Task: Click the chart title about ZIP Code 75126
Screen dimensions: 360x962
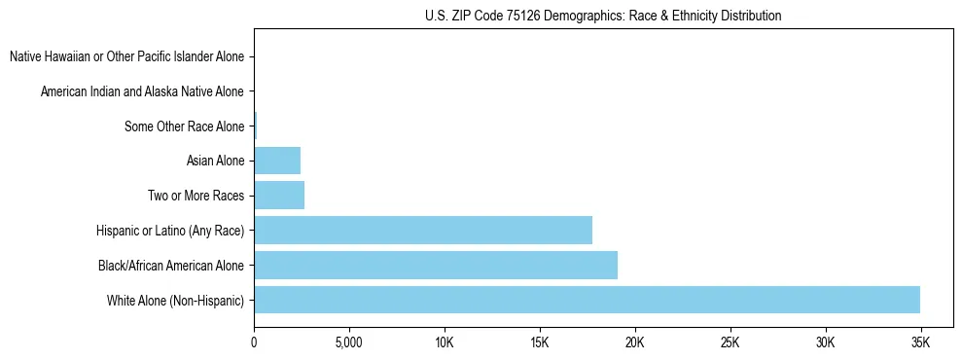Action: point(603,16)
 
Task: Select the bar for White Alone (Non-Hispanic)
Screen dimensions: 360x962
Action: point(587,300)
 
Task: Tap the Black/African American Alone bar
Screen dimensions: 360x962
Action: point(436,265)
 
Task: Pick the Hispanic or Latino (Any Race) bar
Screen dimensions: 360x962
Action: point(423,231)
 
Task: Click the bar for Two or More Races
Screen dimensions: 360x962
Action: point(279,196)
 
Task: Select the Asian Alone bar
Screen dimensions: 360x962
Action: point(277,161)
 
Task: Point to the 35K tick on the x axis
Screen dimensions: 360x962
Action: point(920,343)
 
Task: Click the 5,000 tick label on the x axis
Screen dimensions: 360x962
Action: point(349,343)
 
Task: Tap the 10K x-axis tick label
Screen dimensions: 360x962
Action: point(445,343)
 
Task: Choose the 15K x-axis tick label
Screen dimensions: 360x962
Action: point(540,343)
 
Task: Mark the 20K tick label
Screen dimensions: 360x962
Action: point(635,343)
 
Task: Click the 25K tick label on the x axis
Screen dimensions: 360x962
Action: point(730,343)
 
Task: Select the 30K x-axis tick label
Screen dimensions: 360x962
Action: point(825,343)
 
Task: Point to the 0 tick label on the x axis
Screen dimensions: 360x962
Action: point(254,343)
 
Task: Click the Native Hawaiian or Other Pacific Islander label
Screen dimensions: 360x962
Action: point(126,56)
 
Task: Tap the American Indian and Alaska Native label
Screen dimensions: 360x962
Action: point(142,91)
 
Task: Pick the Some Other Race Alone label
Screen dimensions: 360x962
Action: point(184,126)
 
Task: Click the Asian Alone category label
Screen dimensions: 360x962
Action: point(215,162)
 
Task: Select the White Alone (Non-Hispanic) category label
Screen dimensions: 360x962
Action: point(176,301)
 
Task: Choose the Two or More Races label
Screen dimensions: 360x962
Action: point(196,197)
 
